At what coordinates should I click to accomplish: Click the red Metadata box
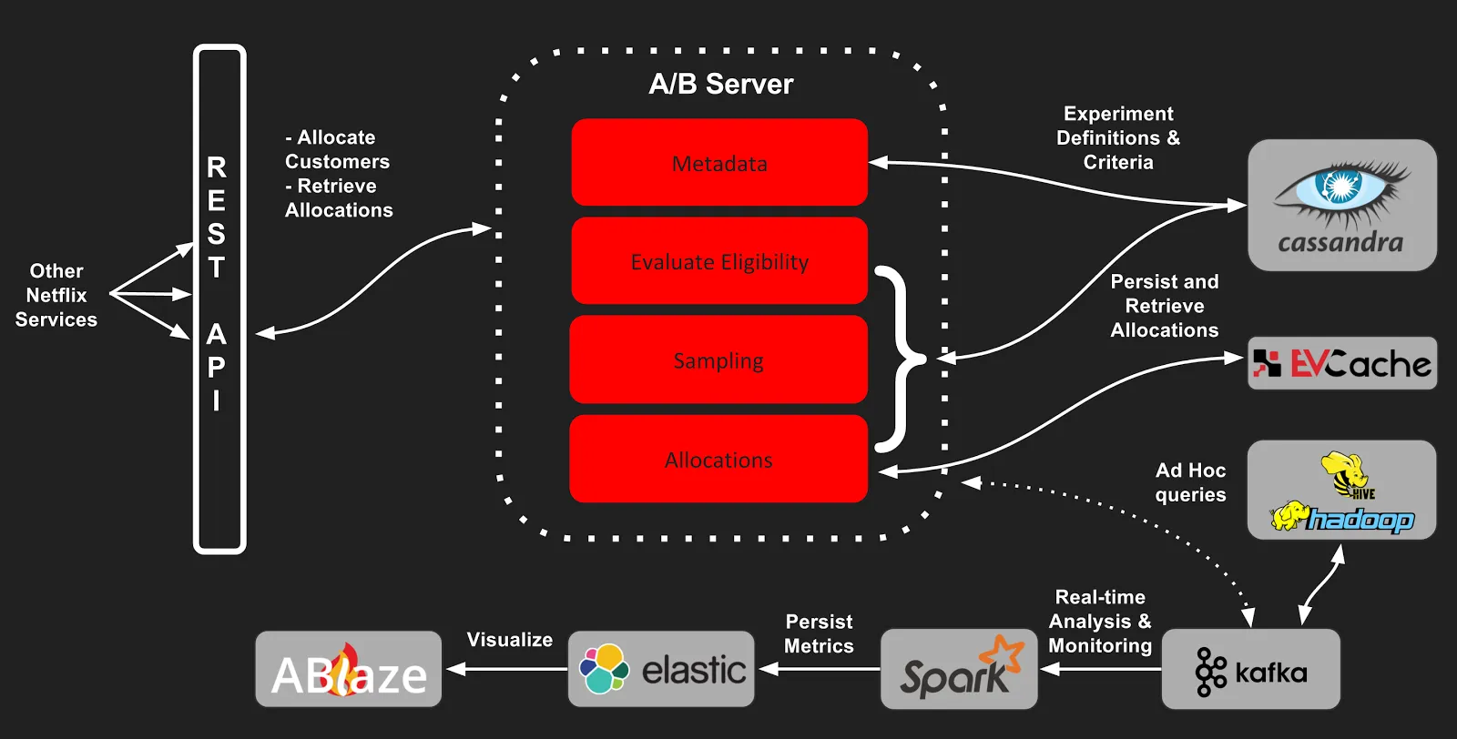click(x=719, y=163)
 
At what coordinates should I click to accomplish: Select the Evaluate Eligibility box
click(x=719, y=261)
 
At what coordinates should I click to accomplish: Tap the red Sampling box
click(x=718, y=360)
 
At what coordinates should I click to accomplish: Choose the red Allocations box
click(x=718, y=459)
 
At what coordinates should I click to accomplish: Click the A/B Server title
click(x=720, y=84)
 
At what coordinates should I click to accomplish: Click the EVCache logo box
click(x=1341, y=364)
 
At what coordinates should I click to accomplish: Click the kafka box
click(x=1250, y=670)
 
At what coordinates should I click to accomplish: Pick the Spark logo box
click(x=959, y=670)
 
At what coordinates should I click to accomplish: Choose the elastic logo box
click(x=661, y=670)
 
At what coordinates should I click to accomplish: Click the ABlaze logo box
click(x=349, y=670)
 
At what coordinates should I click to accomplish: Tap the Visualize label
click(x=509, y=640)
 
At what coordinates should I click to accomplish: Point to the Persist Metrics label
click(x=819, y=633)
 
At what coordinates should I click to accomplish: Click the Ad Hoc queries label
click(x=1190, y=482)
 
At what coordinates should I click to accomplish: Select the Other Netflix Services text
click(x=56, y=295)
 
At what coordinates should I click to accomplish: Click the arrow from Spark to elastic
click(x=820, y=669)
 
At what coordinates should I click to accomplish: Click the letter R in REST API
click(x=217, y=167)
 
